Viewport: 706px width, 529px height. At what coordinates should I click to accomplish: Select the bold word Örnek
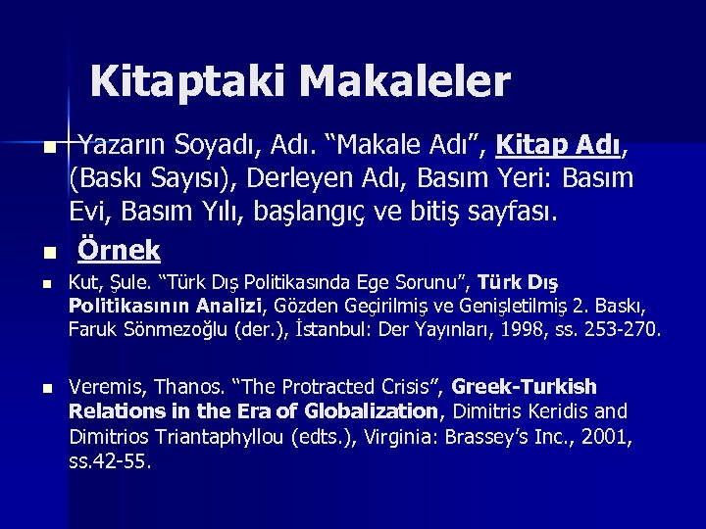[x=119, y=250]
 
